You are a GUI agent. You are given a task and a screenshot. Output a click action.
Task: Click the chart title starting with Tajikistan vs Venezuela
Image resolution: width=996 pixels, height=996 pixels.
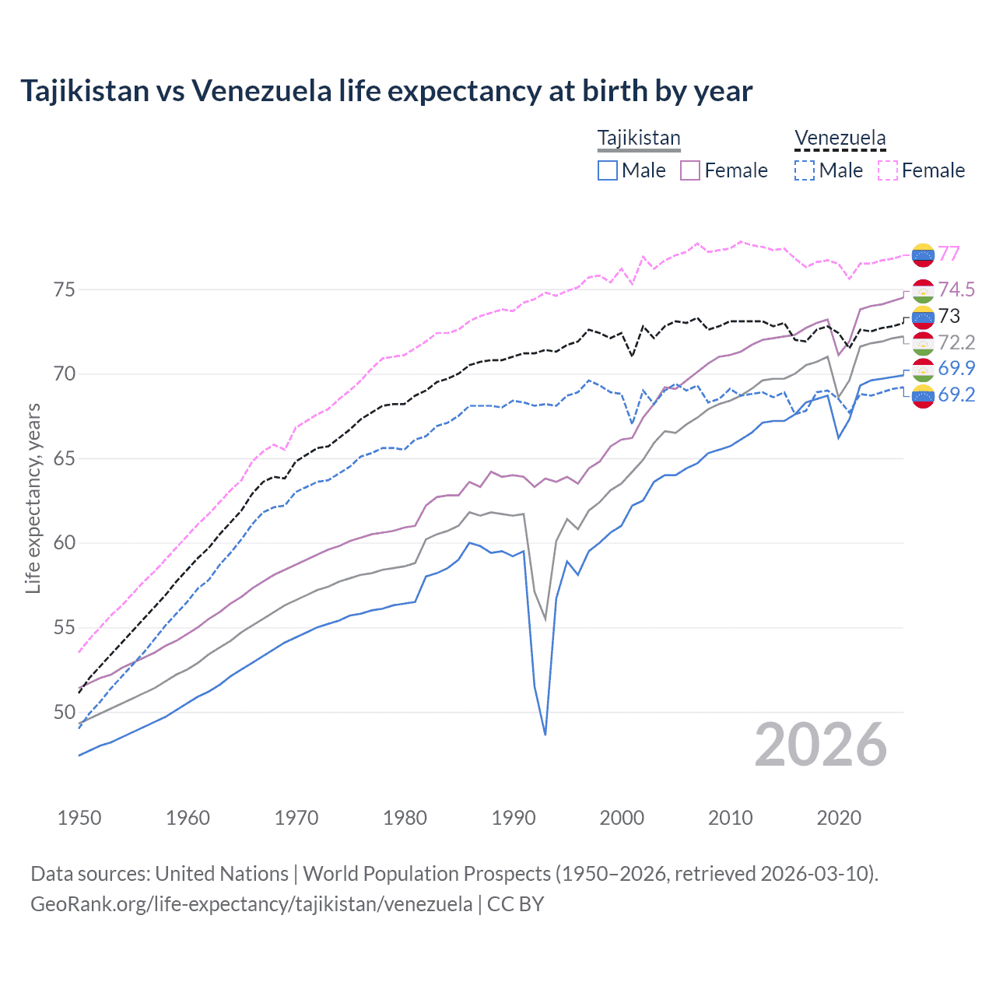[x=386, y=91]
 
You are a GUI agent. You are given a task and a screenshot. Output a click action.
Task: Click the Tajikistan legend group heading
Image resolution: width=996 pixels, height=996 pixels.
[x=639, y=139]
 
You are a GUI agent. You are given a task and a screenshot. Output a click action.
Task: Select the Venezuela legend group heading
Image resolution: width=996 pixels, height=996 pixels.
[x=840, y=139]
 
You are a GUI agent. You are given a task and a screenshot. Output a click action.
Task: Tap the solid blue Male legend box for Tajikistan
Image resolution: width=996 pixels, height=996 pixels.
[x=608, y=170]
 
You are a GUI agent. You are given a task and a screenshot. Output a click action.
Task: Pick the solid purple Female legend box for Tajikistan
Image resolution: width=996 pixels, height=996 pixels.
[x=690, y=170]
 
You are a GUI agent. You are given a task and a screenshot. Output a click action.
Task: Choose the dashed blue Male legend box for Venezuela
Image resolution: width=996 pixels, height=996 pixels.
[x=805, y=170]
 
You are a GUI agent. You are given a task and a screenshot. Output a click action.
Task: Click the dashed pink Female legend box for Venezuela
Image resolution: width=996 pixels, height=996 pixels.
[x=887, y=170]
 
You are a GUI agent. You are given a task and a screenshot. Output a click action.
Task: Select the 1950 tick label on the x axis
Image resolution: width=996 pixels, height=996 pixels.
[x=79, y=818]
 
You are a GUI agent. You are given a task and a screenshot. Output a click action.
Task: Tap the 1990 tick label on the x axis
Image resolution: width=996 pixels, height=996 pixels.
[x=514, y=818]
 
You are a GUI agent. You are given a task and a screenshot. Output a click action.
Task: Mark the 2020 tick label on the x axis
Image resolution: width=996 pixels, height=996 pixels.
[x=839, y=818]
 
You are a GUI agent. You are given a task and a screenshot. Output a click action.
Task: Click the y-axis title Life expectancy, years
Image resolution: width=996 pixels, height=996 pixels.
[x=33, y=498]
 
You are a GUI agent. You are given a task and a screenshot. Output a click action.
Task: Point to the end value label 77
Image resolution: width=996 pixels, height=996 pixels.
[x=949, y=254]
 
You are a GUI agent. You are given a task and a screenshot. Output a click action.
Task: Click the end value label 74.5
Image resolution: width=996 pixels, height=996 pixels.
[x=956, y=290]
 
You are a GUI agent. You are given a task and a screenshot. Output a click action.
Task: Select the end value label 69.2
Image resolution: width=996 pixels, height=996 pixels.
[x=956, y=395]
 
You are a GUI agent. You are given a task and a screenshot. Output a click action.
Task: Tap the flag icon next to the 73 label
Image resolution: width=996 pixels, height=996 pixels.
[x=923, y=317]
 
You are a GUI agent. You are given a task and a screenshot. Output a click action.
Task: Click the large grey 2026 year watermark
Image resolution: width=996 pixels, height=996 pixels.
[x=820, y=745]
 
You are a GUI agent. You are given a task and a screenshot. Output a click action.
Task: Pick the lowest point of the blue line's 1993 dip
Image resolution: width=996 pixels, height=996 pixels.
[x=545, y=735]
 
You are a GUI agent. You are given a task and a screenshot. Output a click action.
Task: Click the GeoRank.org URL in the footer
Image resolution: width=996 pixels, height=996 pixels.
[x=251, y=904]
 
